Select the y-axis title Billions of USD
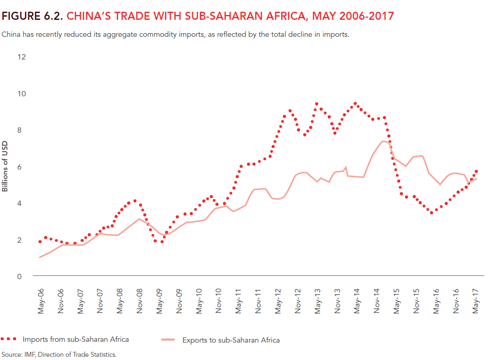pos(5,167)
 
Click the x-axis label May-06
pos(41,301)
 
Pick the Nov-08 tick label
pos(140,301)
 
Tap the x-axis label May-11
pos(239,301)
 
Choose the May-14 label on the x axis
pos(357,301)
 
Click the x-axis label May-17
pos(476,301)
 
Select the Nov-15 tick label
pos(416,301)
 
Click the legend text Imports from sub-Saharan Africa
pos(76,339)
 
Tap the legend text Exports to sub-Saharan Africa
pos(231,340)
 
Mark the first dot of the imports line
pos(40,242)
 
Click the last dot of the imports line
pos(476,172)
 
